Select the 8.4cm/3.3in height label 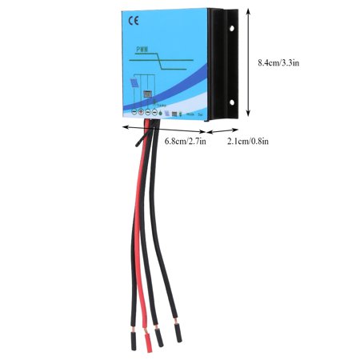click(x=280, y=61)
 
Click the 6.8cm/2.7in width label click(x=185, y=142)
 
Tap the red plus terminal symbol click(x=142, y=113)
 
